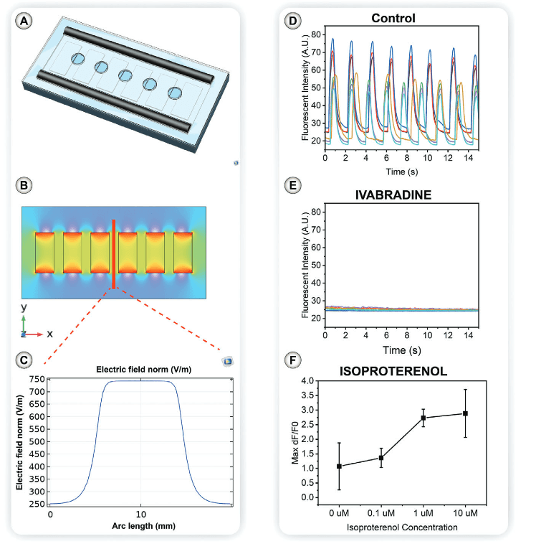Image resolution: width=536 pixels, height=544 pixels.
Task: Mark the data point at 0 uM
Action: [x=339, y=466]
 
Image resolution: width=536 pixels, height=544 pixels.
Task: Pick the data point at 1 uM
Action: [x=423, y=418]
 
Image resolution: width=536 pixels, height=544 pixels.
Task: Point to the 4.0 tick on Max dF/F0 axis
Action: [x=307, y=380]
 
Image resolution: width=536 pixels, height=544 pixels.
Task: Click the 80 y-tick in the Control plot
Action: [x=316, y=34]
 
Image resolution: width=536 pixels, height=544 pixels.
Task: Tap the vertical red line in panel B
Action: [x=113, y=254]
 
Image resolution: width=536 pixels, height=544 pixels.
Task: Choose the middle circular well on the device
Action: [x=125, y=75]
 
